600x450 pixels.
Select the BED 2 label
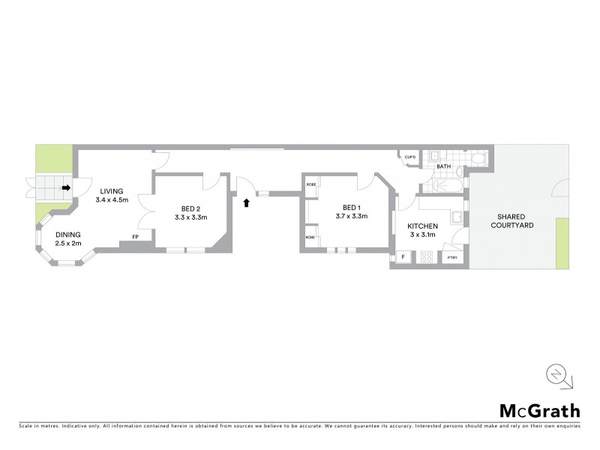pyautogui.click(x=190, y=208)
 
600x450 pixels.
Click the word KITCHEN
pyautogui.click(x=422, y=226)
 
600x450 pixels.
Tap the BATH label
pyautogui.click(x=444, y=166)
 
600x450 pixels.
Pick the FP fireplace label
pyautogui.click(x=136, y=237)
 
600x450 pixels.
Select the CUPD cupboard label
pyautogui.click(x=409, y=157)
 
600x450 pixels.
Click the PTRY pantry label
pyautogui.click(x=452, y=258)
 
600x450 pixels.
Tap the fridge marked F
pyautogui.click(x=403, y=257)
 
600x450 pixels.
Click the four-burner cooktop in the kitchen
pyautogui.click(x=427, y=257)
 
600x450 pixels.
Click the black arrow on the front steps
pyautogui.click(x=66, y=188)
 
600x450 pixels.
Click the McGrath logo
pyautogui.click(x=540, y=410)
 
